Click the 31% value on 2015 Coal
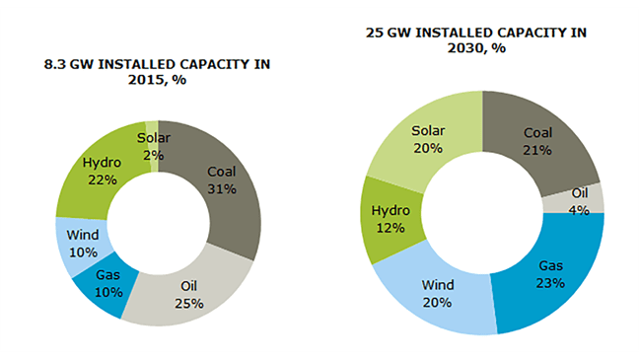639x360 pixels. tap(221, 188)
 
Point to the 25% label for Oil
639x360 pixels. tap(187, 303)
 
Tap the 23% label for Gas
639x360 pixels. tap(550, 283)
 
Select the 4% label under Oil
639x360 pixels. tap(579, 210)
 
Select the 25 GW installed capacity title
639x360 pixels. tap(476, 39)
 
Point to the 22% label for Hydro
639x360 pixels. tap(102, 180)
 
